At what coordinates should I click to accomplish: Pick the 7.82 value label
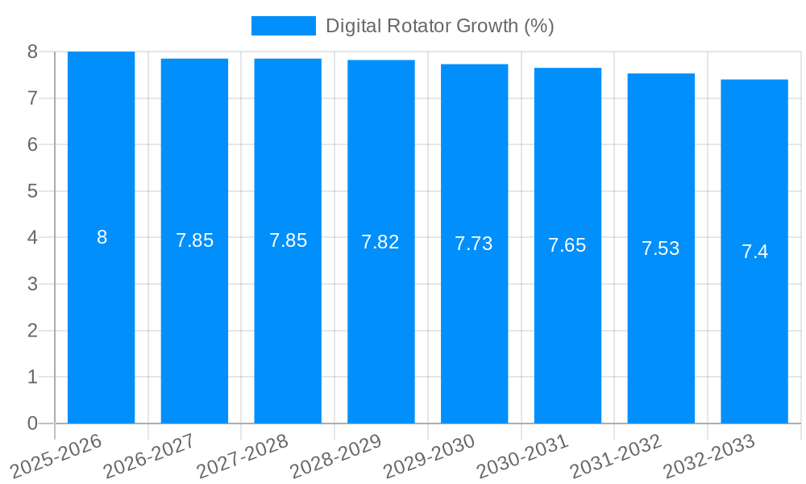tap(380, 242)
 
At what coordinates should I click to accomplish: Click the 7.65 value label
tap(567, 246)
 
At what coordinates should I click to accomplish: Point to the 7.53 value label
tap(661, 248)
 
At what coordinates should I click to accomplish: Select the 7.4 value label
tap(755, 252)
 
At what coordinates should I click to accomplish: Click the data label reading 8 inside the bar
tap(102, 237)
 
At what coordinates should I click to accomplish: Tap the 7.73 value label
tap(474, 244)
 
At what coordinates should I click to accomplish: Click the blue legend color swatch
tap(283, 26)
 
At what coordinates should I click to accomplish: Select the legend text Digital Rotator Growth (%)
tap(439, 26)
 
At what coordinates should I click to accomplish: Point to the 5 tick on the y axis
tap(32, 191)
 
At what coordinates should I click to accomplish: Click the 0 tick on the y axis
tap(32, 423)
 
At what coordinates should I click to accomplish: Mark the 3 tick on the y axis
tap(32, 284)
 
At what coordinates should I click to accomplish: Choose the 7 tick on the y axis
tap(32, 98)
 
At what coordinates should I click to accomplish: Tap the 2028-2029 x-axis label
tap(334, 456)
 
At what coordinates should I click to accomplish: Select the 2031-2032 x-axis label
tap(615, 456)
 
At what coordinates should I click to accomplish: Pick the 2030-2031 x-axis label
tap(521, 456)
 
